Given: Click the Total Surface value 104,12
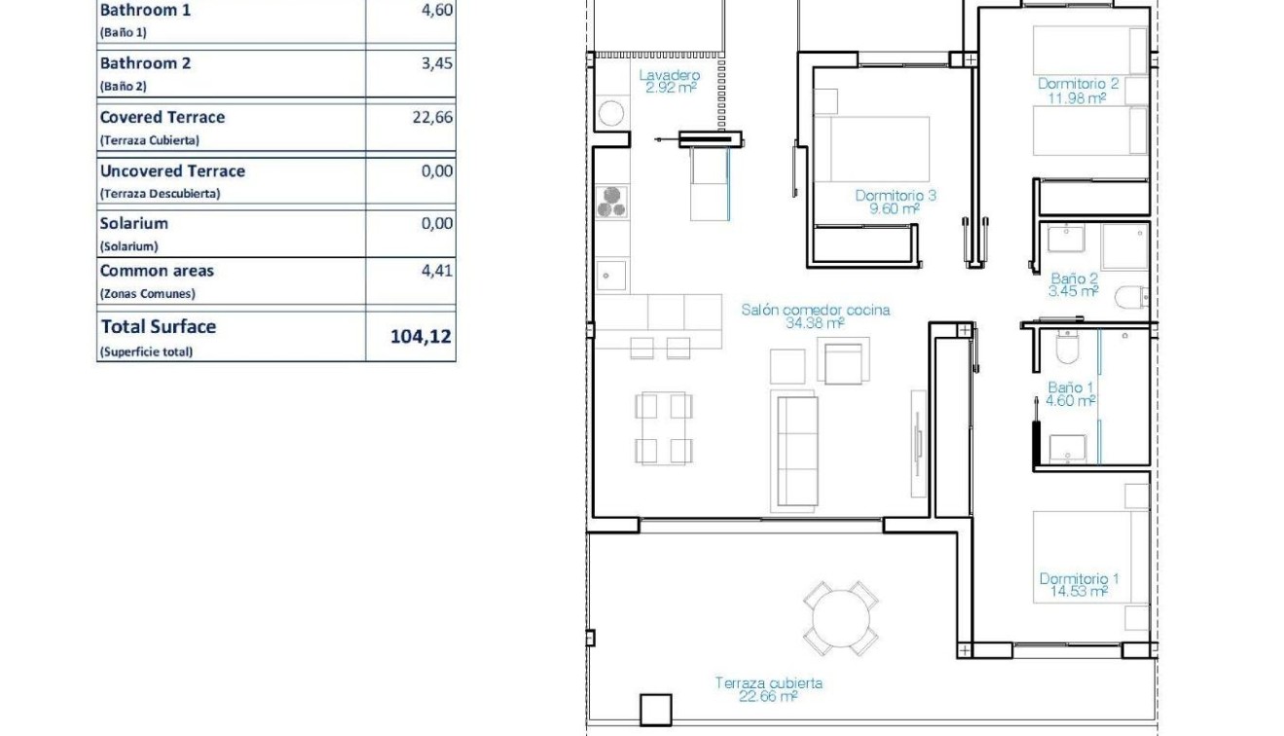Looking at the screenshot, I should tap(421, 337).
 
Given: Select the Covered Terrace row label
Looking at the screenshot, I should tap(163, 118).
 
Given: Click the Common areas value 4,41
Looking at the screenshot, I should tap(437, 271).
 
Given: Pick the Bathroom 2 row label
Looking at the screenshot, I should tap(146, 64).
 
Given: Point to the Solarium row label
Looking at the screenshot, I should tap(134, 224).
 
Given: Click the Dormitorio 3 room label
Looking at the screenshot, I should tap(896, 196).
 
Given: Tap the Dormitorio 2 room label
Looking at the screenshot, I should tap(1079, 85).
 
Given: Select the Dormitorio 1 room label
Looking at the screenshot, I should tap(1079, 579).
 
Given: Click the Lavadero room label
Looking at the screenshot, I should tap(670, 76).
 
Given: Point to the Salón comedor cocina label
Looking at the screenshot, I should tap(815, 311).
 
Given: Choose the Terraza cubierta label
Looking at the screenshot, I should tap(769, 683).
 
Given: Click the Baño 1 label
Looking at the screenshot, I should tap(1071, 388).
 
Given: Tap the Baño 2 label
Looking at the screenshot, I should tap(1075, 278).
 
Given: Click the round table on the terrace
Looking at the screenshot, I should tap(841, 617).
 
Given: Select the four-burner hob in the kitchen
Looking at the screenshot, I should tap(612, 202).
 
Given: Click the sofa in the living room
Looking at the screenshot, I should tap(794, 451).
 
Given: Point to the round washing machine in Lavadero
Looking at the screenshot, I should tap(611, 113).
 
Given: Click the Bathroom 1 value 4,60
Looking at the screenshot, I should tap(437, 11).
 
